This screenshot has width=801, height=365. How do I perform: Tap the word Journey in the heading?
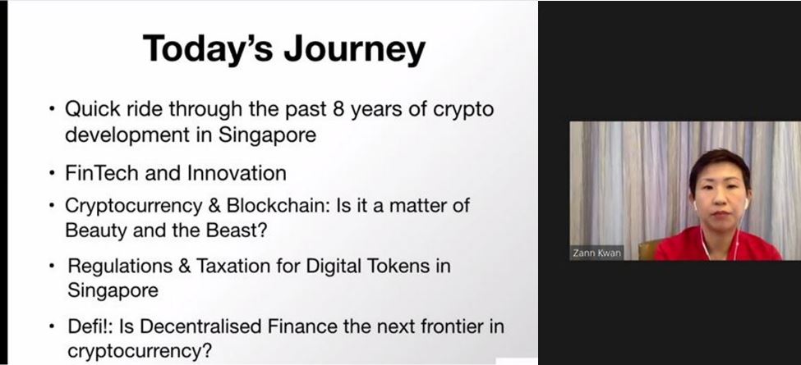click(355, 51)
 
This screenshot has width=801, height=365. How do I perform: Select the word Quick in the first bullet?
click(93, 108)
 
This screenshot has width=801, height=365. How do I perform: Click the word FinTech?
click(102, 173)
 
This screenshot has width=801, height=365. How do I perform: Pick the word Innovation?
click(237, 173)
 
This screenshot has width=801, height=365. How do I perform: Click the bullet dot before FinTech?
click(52, 174)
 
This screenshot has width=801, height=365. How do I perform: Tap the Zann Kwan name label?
click(596, 253)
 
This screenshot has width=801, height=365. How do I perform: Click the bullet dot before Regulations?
click(52, 266)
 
